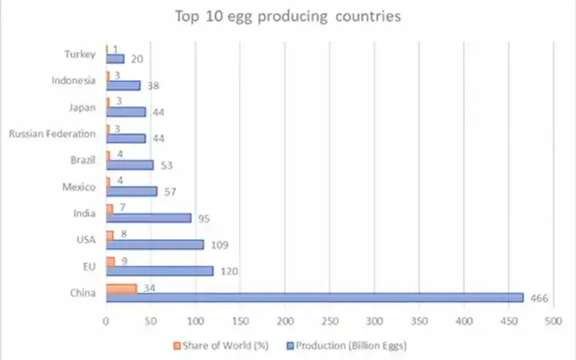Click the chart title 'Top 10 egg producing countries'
pos(288,17)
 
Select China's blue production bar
pos(314,298)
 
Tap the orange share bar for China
pos(122,288)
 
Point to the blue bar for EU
pos(159,270)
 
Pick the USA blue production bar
pos(154,244)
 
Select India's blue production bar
pos(148,218)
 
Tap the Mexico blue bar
pos(131,191)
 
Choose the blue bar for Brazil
pos(130,165)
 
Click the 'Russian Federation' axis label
pos(52,134)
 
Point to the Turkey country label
pos(80,54)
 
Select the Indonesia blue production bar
pos(123,85)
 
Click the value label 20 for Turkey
pos(136,59)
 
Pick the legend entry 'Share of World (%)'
pos(220,346)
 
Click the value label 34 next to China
pos(149,288)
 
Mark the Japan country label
pos(84,107)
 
